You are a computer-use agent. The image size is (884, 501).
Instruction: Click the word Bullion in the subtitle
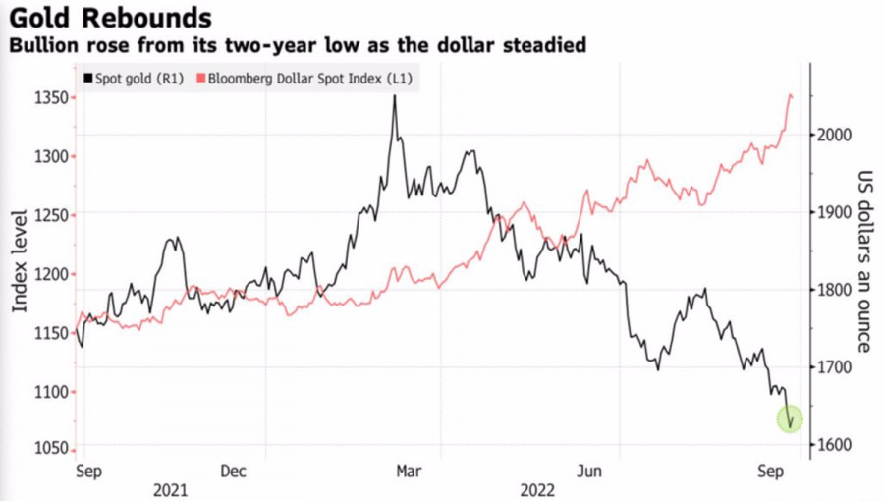click(x=42, y=45)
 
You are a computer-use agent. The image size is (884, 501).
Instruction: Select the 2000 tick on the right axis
click(x=836, y=135)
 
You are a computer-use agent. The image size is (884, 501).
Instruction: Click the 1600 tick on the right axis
click(x=836, y=445)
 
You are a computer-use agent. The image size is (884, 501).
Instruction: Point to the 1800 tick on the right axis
click(x=836, y=290)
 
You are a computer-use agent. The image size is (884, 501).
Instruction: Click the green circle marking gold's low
click(x=791, y=419)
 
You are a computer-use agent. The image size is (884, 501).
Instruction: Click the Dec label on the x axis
click(x=233, y=471)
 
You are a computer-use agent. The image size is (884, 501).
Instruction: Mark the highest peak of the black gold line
click(x=394, y=96)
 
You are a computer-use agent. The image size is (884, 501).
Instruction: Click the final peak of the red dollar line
click(x=791, y=94)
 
